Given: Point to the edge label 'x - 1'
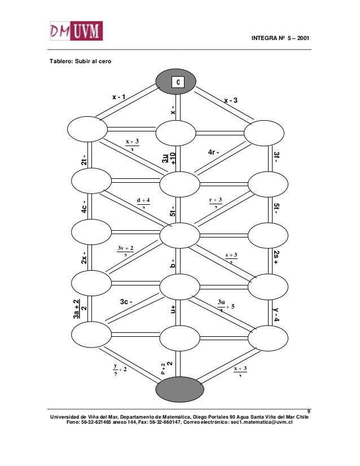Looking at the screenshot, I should (x=118, y=97).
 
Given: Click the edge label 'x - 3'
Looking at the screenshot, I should (x=231, y=100).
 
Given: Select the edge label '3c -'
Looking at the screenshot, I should (x=126, y=302).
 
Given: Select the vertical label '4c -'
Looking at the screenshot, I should (x=84, y=207).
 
